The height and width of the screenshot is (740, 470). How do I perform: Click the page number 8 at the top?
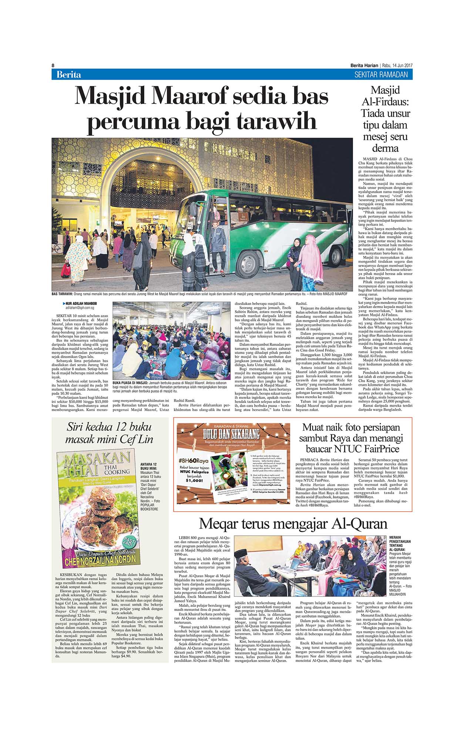coord(53,65)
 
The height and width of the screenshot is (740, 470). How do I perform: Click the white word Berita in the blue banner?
coord(68,75)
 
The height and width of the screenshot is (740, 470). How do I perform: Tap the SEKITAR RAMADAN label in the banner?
coord(381,75)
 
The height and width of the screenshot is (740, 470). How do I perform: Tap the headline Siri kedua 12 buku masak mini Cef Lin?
coord(109,433)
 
